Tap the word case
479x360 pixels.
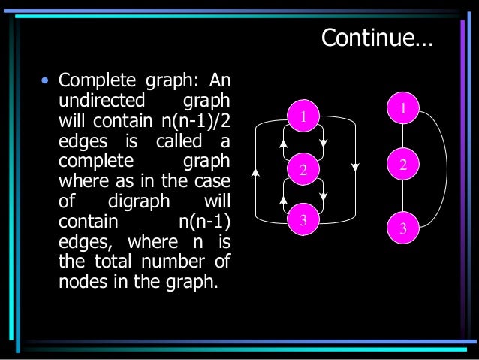click(x=212, y=183)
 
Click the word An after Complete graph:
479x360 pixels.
click(x=218, y=80)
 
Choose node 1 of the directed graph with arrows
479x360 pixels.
click(x=303, y=116)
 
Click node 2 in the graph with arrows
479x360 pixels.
click(x=303, y=171)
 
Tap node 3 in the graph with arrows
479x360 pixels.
click(x=303, y=220)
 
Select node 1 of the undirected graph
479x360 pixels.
click(x=403, y=109)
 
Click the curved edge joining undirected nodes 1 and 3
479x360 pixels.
click(x=446, y=169)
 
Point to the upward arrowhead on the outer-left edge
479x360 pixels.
click(x=256, y=172)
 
